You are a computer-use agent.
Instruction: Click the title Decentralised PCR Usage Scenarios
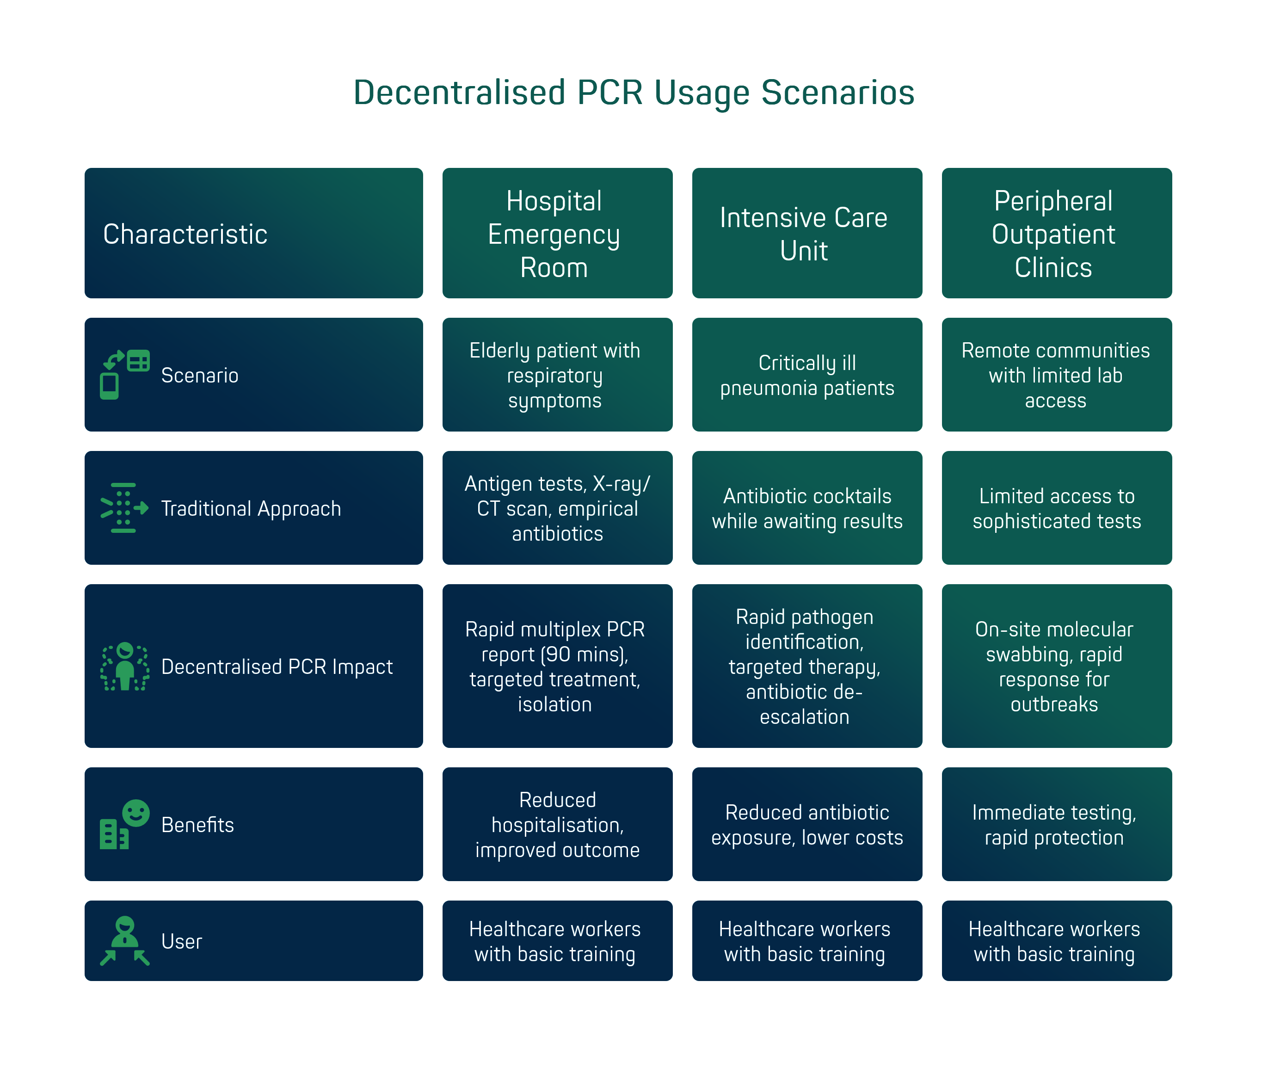(x=634, y=93)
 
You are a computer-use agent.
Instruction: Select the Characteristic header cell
(x=253, y=234)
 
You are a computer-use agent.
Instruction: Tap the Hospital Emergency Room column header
(x=557, y=234)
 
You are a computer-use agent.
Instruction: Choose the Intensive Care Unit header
(x=806, y=234)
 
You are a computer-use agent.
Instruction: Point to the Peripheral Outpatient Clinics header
(x=1056, y=234)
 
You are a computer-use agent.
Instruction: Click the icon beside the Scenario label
(x=125, y=375)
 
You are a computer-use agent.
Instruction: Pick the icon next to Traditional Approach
(x=124, y=508)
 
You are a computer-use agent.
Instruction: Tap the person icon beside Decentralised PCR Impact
(x=125, y=667)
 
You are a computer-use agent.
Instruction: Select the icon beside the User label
(x=125, y=941)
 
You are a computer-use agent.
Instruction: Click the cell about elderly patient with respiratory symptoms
(x=557, y=375)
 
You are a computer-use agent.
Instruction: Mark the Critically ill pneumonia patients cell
(x=806, y=375)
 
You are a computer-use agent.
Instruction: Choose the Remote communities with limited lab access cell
(x=1056, y=375)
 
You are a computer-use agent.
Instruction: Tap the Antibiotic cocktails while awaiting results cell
(x=806, y=508)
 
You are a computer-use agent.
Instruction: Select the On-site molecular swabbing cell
(x=1056, y=666)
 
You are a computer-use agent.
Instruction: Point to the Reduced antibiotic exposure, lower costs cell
(x=806, y=824)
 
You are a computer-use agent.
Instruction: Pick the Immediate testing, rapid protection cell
(x=1056, y=824)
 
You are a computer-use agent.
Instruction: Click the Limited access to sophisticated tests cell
(x=1056, y=508)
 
